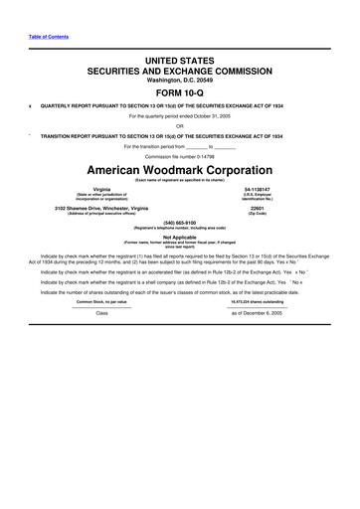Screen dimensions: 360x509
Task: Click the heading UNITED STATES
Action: (179, 62)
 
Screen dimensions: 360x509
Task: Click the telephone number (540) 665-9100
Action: (179, 223)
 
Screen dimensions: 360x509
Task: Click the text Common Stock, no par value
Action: (101, 301)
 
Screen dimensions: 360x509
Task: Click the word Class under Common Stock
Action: (101, 312)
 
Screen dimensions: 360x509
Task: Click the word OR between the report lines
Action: (179, 124)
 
